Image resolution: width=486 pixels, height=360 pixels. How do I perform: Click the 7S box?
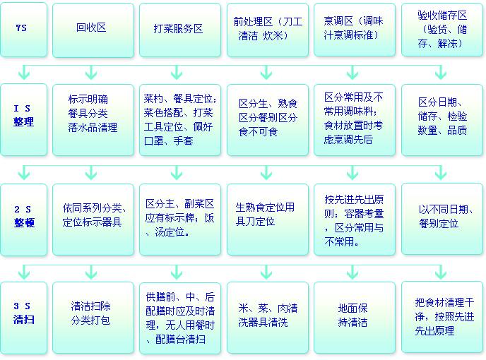pos(24,29)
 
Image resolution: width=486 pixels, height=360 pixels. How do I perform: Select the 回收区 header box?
pos(93,29)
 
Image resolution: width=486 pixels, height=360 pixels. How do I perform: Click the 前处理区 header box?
pos(267,29)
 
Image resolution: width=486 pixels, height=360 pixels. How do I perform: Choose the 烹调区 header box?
pos(354,29)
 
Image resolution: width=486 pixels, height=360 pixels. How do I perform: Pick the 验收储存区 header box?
pos(441,29)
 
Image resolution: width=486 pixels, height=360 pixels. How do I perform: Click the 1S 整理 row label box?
pos(24,119)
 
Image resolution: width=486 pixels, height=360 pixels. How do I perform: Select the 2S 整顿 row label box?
pos(24,220)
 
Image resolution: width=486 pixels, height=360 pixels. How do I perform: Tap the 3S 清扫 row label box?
pos(24,317)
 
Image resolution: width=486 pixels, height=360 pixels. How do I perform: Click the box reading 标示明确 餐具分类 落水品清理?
pos(93,119)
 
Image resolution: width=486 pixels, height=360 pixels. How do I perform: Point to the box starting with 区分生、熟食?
pos(267,119)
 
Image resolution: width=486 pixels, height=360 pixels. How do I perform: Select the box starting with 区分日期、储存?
pos(441,119)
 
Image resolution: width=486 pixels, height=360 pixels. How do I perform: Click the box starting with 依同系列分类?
pos(93,220)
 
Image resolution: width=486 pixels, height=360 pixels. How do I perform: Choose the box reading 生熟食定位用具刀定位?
pos(267,220)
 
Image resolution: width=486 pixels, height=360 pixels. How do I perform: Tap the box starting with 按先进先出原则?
pos(354,220)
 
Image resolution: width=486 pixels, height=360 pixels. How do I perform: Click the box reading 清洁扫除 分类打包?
pos(93,317)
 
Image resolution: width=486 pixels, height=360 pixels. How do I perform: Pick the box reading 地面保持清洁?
pos(354,317)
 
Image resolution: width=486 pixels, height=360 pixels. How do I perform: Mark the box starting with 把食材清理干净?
pos(441,317)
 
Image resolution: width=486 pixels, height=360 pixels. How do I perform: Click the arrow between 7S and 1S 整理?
pos(24,72)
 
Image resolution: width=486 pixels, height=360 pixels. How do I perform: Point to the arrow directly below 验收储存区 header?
pos(441,72)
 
